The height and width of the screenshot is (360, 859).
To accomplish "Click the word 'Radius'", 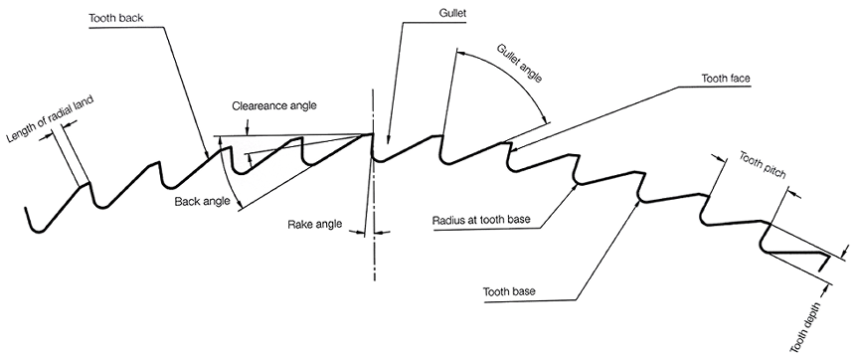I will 450,219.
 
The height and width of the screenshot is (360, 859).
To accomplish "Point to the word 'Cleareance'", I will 257,105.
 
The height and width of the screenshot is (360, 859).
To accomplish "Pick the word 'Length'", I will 15,134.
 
